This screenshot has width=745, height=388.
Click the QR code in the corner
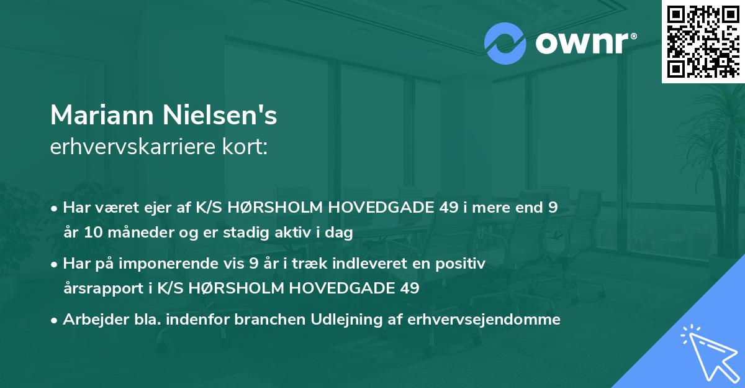tap(703, 41)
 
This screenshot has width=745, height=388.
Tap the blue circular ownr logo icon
tap(506, 44)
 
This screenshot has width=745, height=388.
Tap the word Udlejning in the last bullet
tap(335, 320)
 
